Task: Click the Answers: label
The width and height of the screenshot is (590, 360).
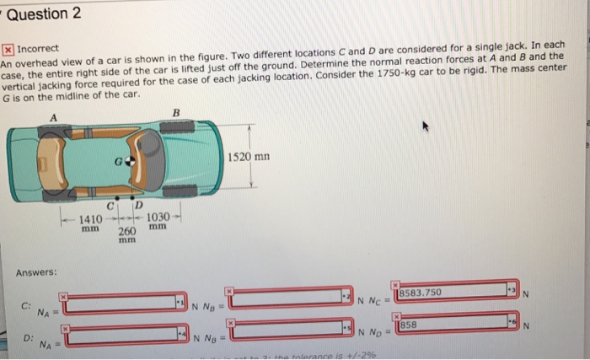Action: pyautogui.click(x=35, y=271)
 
